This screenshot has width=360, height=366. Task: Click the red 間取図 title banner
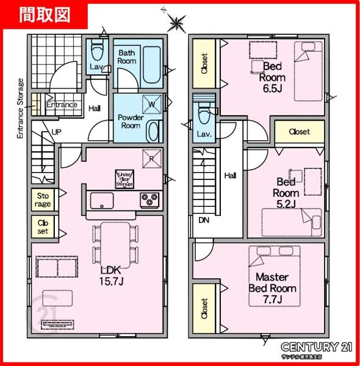(43, 13)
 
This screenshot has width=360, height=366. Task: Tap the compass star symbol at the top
(176, 24)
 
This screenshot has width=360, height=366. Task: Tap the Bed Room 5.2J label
(286, 192)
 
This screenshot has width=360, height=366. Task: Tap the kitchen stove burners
(149, 198)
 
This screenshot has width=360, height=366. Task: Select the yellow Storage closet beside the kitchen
(43, 200)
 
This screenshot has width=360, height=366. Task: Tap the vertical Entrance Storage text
(20, 110)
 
